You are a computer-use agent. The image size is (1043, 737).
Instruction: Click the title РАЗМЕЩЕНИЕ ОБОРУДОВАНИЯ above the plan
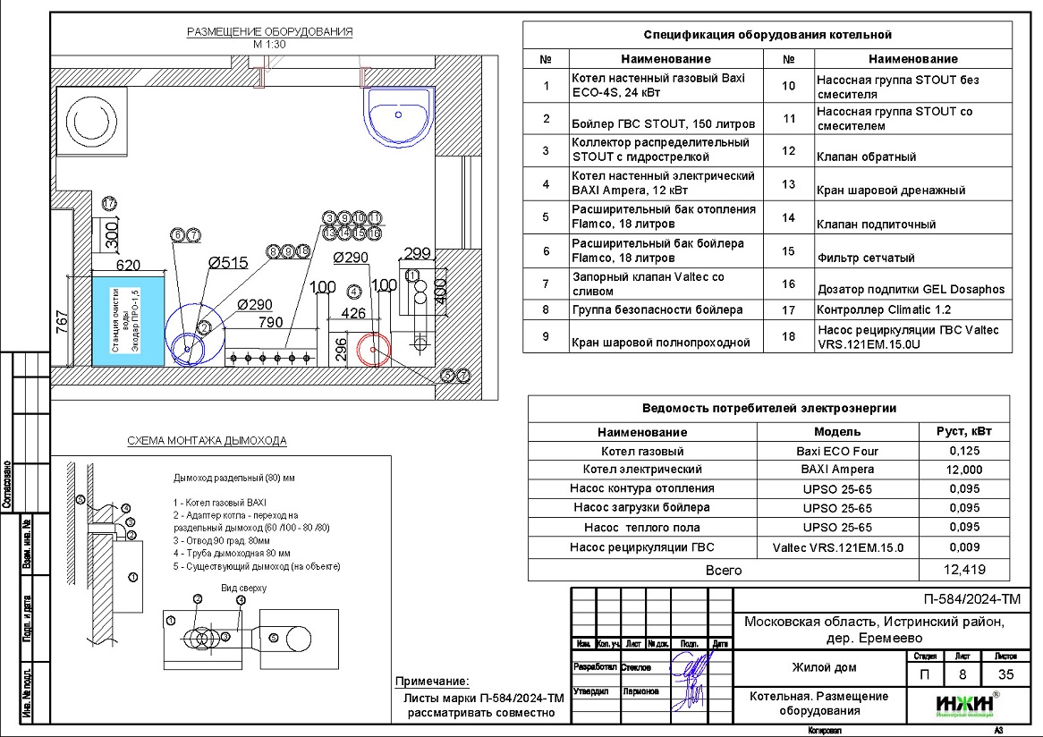click(x=269, y=32)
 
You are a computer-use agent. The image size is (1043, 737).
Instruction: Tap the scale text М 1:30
click(x=269, y=45)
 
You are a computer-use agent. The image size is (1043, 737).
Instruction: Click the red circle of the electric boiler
click(x=375, y=349)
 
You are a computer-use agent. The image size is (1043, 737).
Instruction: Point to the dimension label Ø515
click(x=227, y=263)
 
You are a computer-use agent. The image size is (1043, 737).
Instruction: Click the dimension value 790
click(x=270, y=322)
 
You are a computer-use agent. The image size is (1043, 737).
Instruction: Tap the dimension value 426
click(x=354, y=313)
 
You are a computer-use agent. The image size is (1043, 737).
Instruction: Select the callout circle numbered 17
click(x=109, y=203)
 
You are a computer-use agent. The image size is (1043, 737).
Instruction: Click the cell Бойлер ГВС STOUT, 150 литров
click(x=663, y=123)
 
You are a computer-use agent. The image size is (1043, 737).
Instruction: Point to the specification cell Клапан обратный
click(x=866, y=157)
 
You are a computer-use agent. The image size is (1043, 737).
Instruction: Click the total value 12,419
click(x=962, y=570)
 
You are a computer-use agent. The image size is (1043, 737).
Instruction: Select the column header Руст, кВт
click(x=964, y=431)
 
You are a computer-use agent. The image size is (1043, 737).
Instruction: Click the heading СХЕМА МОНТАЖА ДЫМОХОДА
click(x=207, y=441)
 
